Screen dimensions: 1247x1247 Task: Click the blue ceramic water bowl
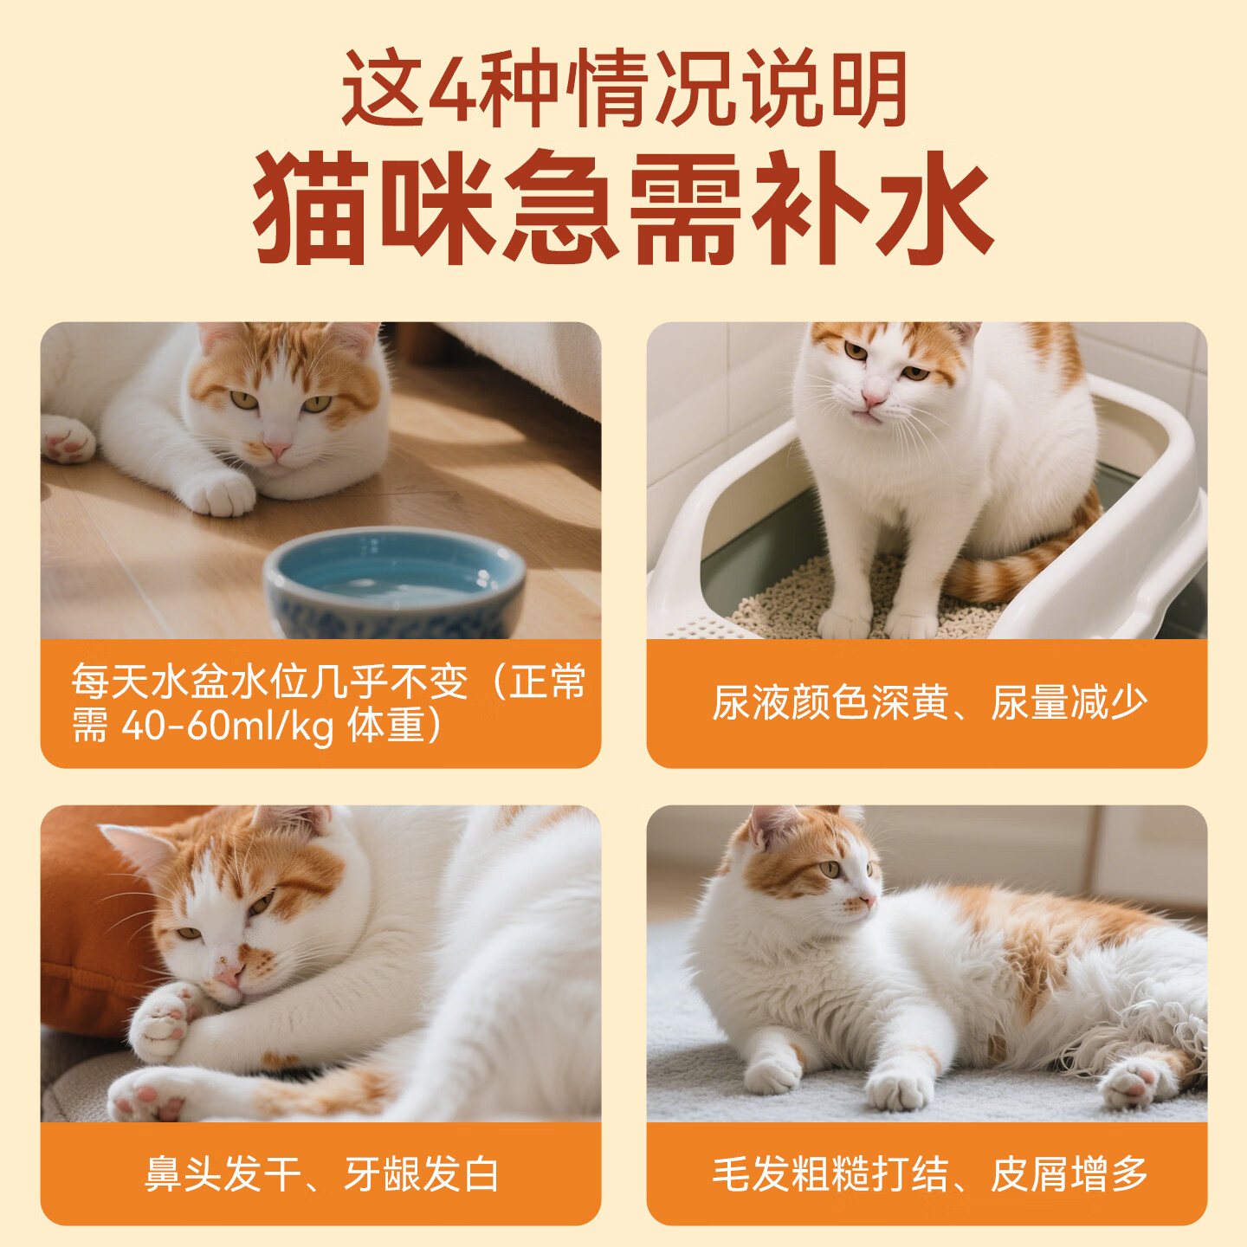tap(395, 582)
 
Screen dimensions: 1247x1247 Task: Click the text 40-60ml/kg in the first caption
tap(228, 726)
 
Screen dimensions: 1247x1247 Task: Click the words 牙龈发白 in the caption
tap(422, 1174)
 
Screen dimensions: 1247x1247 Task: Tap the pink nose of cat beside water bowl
tap(277, 450)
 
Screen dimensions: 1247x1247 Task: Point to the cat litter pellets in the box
tap(805, 598)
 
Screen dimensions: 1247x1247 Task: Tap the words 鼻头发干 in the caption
tap(223, 1174)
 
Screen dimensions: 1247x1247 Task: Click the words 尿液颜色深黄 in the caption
tap(831, 702)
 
